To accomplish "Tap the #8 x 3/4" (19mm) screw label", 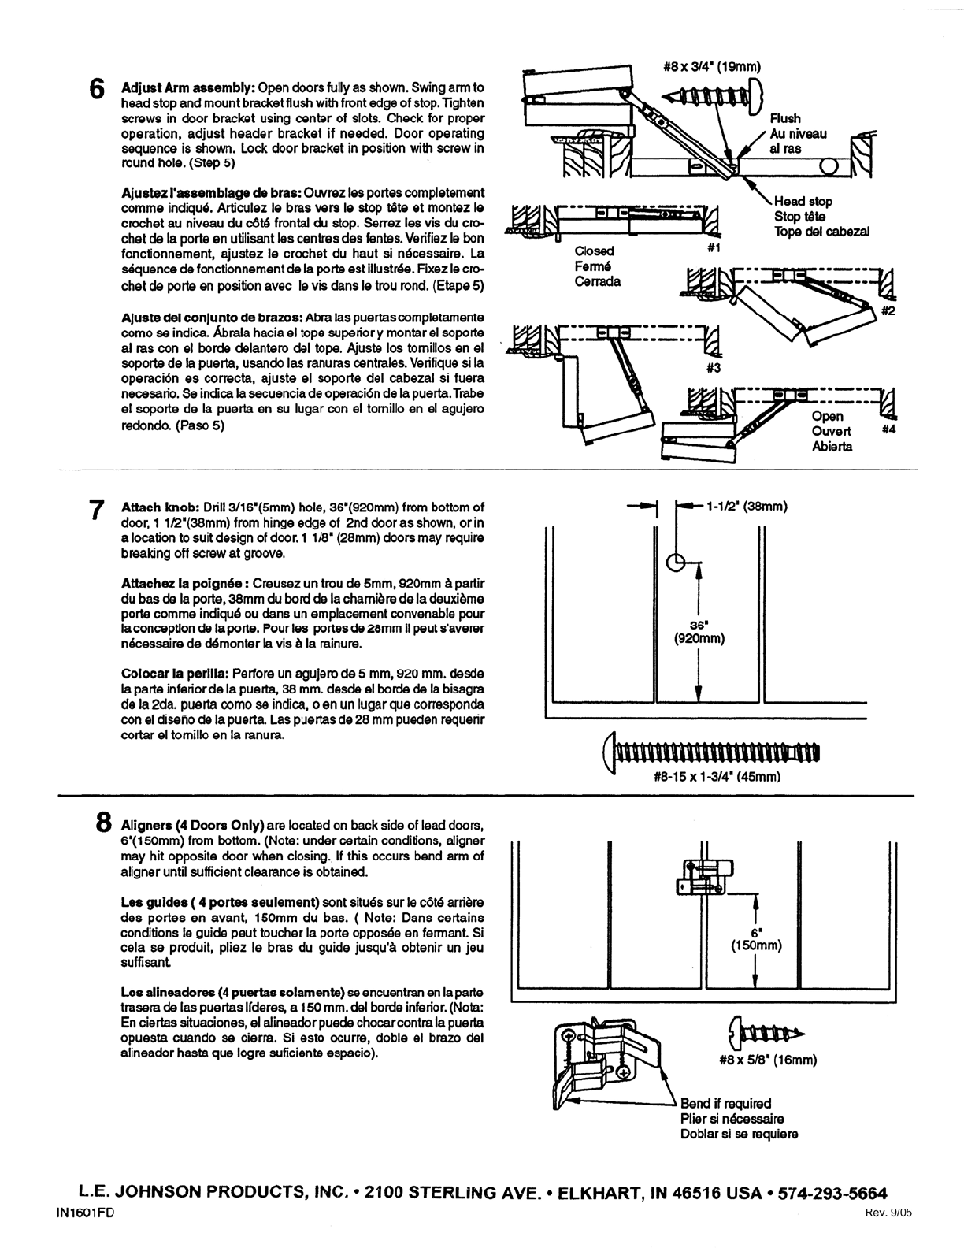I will (712, 67).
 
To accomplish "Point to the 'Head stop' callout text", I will (803, 202).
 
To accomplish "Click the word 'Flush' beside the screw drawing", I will (785, 119).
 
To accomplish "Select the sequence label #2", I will (888, 311).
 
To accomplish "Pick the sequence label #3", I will (714, 367).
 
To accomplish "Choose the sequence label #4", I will (888, 431).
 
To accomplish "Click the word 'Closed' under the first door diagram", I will (594, 251).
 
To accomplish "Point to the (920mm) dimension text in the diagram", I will (699, 638).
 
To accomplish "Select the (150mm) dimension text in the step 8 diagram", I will (755, 945).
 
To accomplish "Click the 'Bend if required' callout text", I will (725, 1104).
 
